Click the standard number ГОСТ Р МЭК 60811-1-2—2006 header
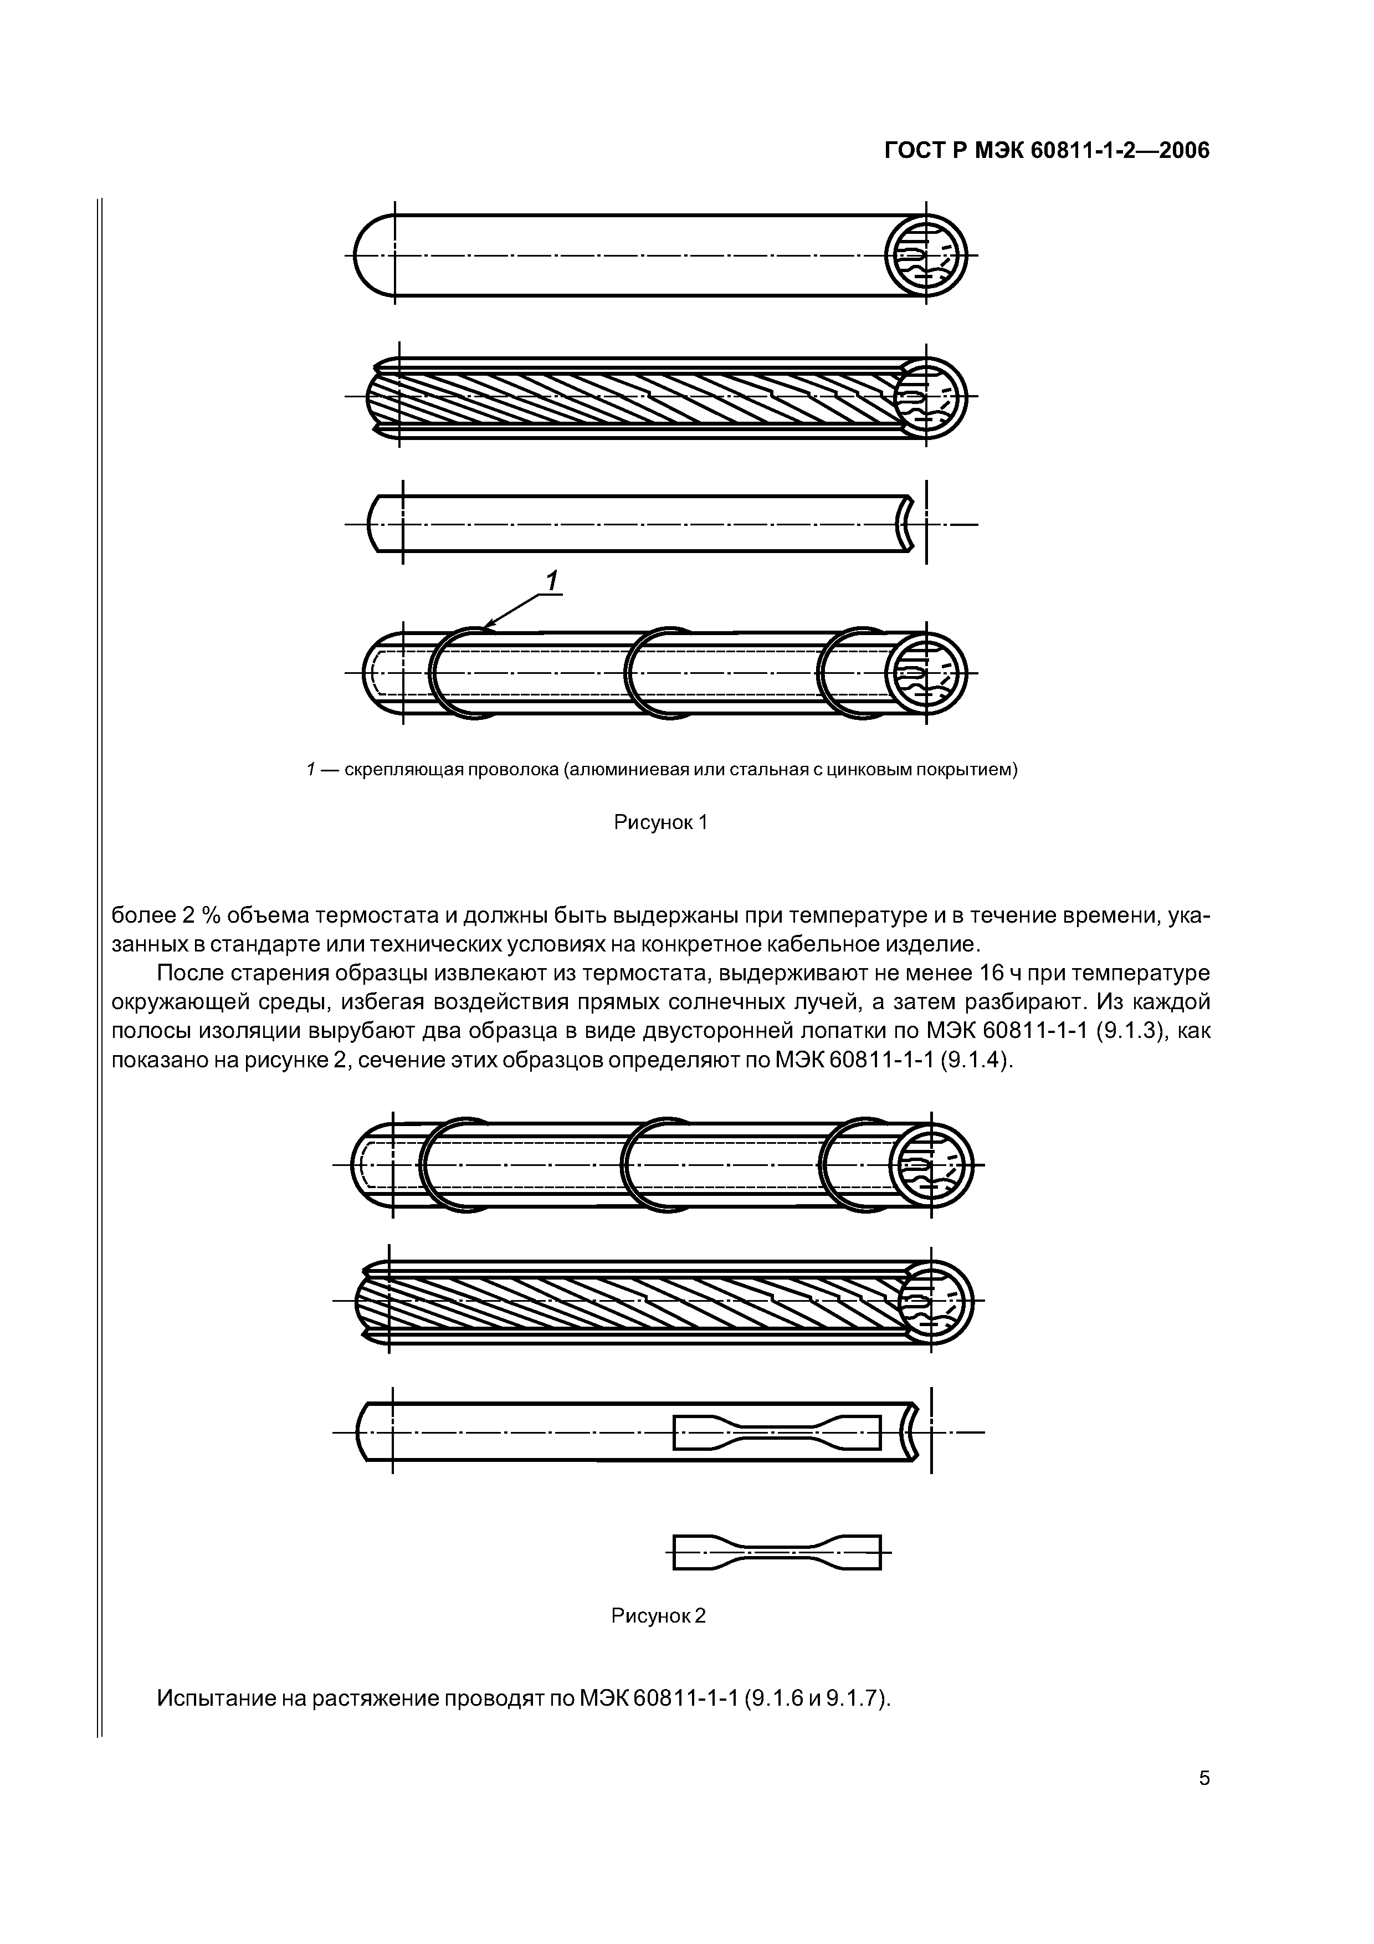(x=1047, y=151)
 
